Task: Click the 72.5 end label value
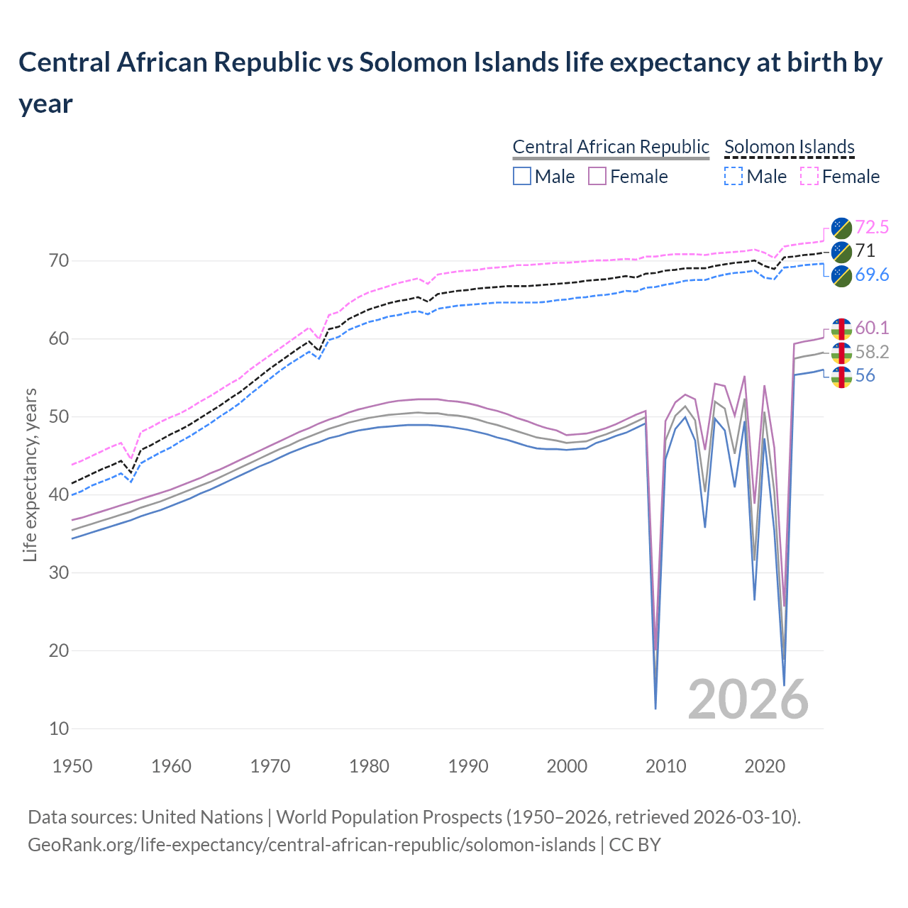(x=872, y=227)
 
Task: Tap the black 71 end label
(x=865, y=250)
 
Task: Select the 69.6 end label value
(x=872, y=275)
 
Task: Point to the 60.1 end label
(x=872, y=328)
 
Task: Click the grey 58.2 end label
(x=872, y=352)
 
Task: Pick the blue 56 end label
(x=865, y=375)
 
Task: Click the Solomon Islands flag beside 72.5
(x=841, y=227)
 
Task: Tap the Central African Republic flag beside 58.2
(x=841, y=352)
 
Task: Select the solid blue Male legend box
(x=522, y=176)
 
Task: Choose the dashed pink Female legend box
(x=809, y=176)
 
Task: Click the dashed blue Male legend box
(x=733, y=176)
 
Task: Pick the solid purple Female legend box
(x=597, y=176)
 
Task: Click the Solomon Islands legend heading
(x=789, y=147)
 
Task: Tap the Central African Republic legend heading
(x=611, y=147)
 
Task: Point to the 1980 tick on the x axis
(x=370, y=766)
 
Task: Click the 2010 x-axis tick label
(x=666, y=766)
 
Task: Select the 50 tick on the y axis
(x=59, y=416)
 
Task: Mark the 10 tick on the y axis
(x=59, y=729)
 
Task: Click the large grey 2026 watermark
(x=748, y=699)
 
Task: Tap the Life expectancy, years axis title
(x=30, y=475)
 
